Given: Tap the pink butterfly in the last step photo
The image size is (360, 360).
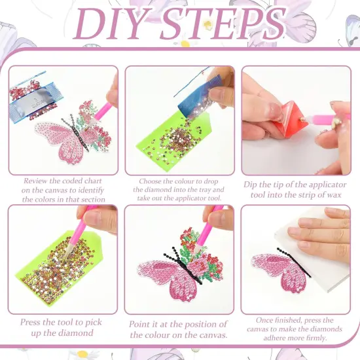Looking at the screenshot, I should point(272,275).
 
